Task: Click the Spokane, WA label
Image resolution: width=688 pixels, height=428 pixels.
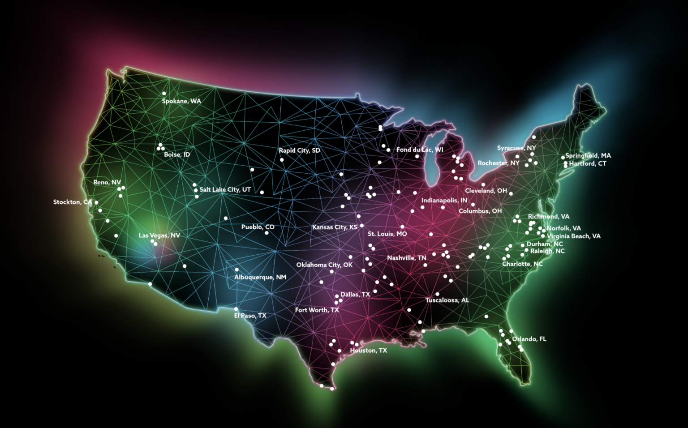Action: point(181,101)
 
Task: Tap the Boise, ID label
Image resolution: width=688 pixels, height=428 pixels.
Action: point(177,155)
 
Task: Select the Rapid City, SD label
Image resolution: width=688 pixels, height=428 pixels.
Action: point(299,150)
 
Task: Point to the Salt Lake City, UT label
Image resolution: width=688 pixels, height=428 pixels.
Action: point(225,190)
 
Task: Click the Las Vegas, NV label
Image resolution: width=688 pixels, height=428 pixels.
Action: point(159,235)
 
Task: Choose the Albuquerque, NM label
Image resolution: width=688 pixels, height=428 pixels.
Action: point(260,278)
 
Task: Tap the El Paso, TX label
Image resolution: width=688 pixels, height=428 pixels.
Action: point(250,316)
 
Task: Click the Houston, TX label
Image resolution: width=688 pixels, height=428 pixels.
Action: point(368,351)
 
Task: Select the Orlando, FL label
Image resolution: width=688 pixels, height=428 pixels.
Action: point(529,339)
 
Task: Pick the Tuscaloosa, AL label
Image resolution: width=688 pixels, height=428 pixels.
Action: point(447,300)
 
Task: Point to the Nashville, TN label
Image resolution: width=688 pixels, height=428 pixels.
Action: point(406,258)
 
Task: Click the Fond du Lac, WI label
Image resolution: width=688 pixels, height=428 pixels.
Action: point(419,150)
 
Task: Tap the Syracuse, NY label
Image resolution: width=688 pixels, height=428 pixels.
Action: point(516,148)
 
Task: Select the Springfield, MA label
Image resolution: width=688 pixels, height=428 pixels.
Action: point(588,156)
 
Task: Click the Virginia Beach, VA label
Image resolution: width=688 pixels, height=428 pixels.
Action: point(573,236)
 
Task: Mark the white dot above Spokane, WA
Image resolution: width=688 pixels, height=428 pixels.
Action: point(164,94)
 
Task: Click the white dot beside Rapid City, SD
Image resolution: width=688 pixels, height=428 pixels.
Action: point(282,160)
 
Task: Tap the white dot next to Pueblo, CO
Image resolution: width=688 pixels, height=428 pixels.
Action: point(267,233)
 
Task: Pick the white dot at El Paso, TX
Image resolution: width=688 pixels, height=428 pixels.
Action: point(236,309)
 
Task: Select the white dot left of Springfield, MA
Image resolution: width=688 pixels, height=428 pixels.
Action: point(563,158)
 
